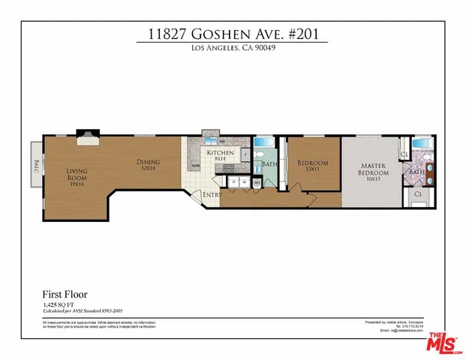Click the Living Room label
[x=77, y=175]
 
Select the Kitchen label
[x=220, y=155]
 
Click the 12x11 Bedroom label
[x=312, y=166]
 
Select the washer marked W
[x=245, y=181]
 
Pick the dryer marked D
[x=233, y=181]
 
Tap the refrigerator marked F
[x=245, y=154]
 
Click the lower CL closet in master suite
[x=417, y=195]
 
